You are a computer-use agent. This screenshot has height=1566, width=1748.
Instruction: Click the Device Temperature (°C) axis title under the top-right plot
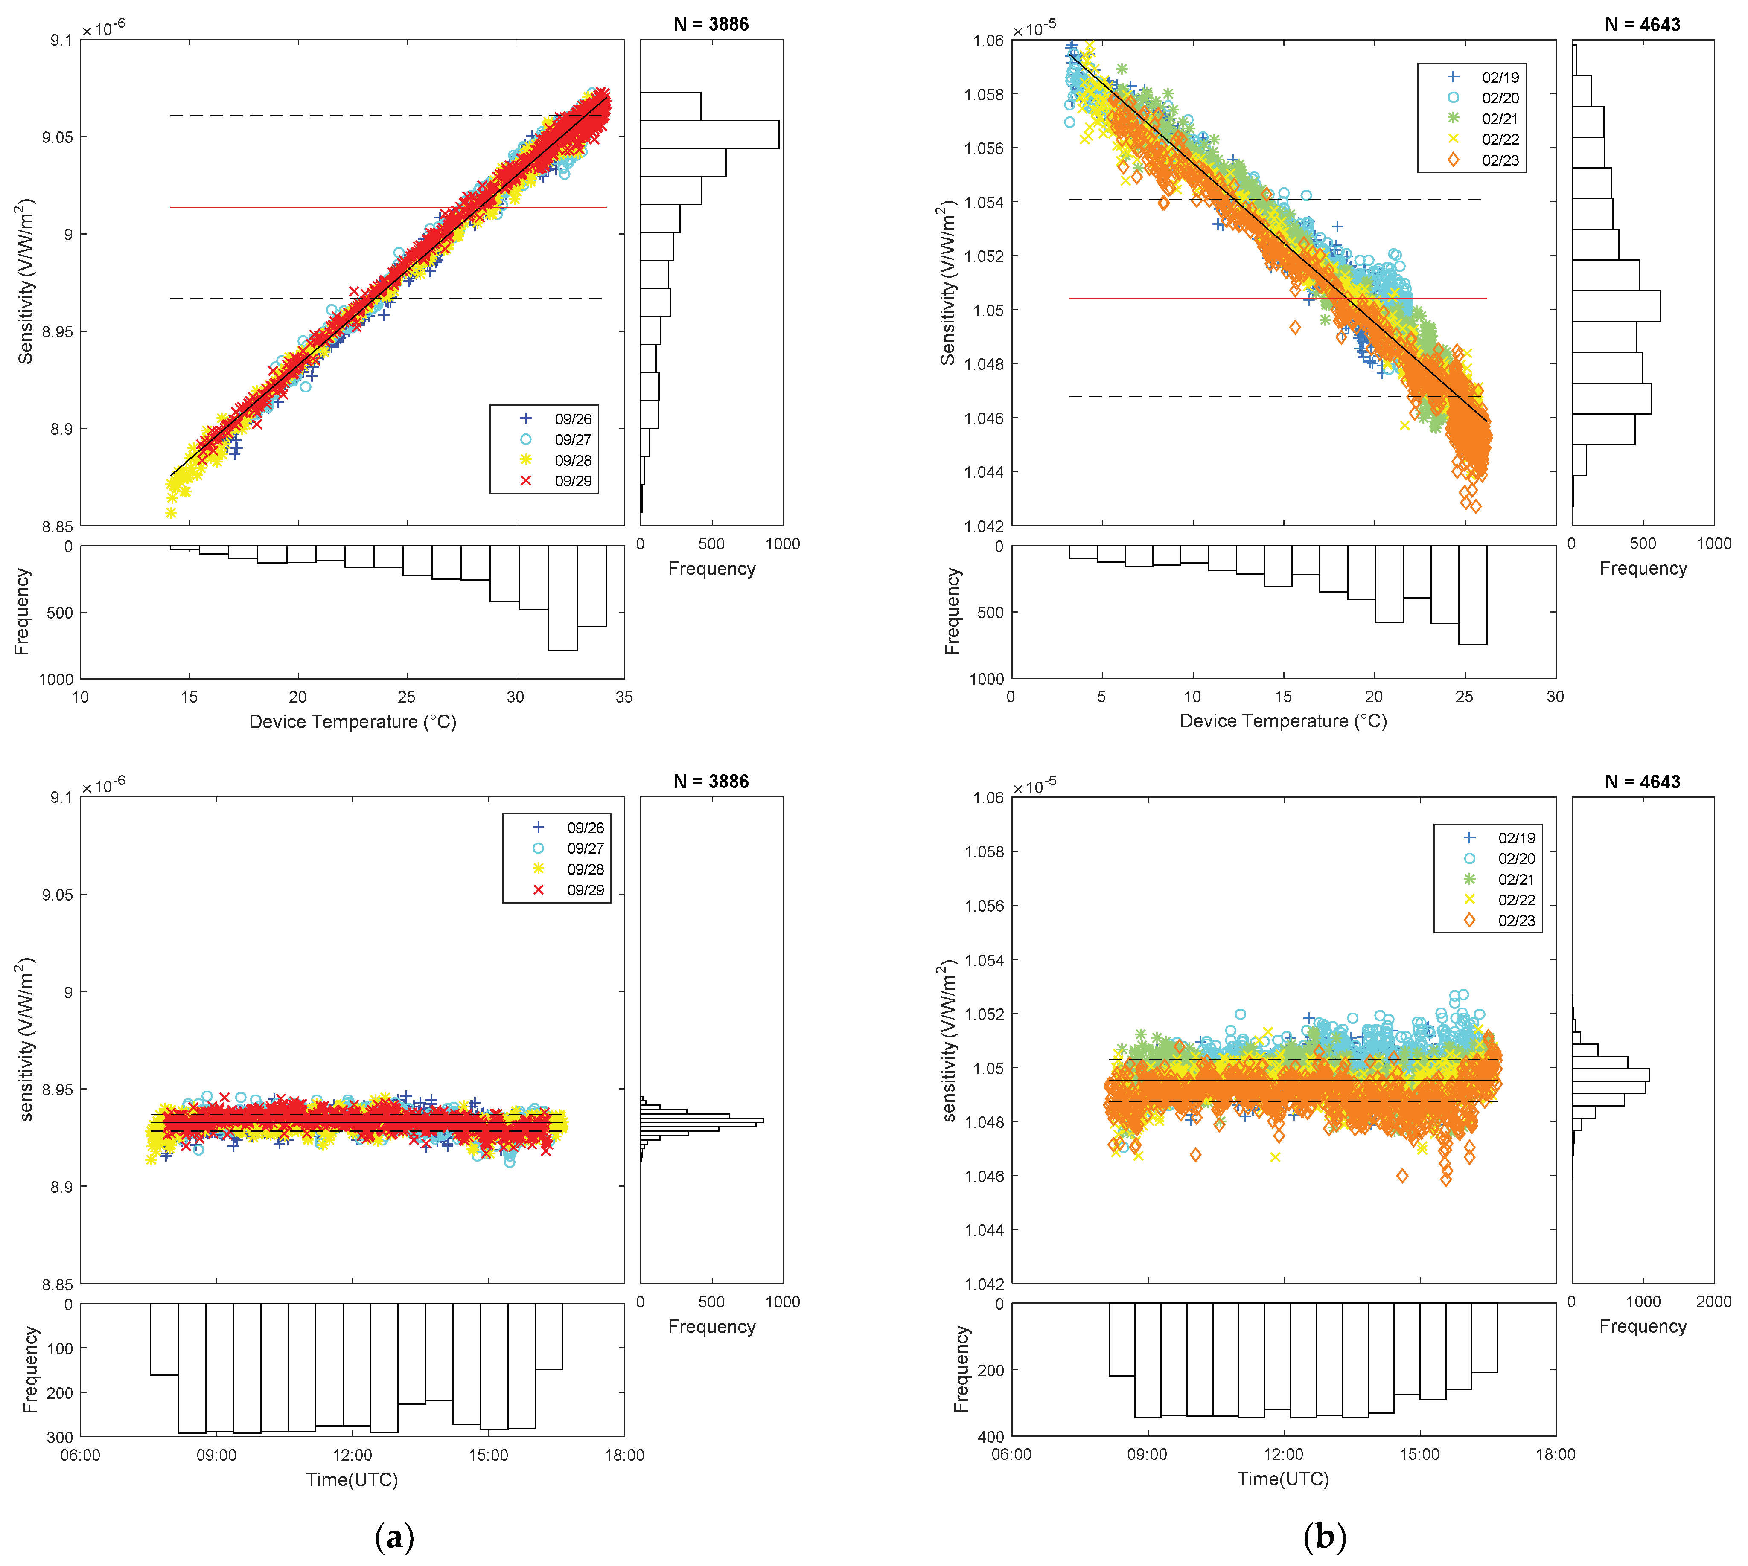tap(1282, 721)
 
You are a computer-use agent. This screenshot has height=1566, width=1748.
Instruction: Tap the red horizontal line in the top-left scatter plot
tap(387, 207)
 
